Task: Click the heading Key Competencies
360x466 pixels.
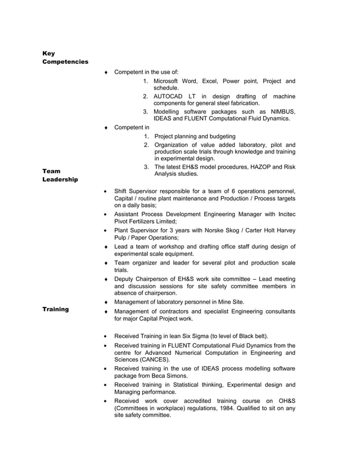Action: pyautogui.click(x=65, y=58)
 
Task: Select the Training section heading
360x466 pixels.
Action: pyautogui.click(x=56, y=309)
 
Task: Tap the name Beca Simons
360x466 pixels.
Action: pyautogui.click(x=171, y=376)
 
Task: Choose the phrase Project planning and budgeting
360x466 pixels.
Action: pyautogui.click(x=195, y=137)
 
